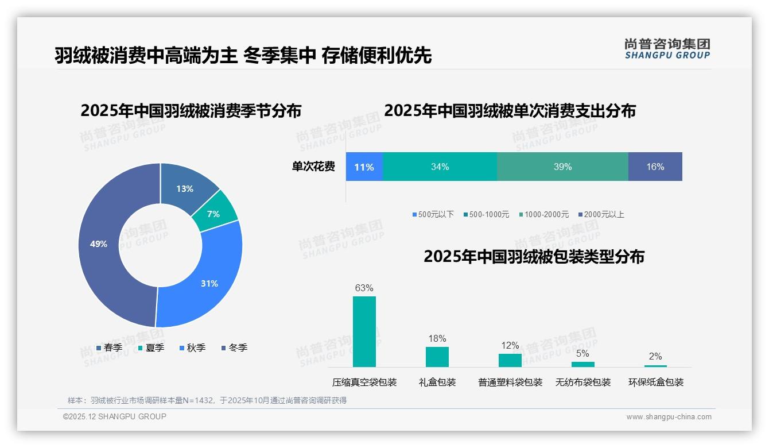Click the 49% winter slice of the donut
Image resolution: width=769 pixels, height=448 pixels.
coord(100,244)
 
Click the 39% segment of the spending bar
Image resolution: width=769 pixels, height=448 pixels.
coord(562,167)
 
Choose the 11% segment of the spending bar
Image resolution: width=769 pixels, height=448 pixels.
coord(364,167)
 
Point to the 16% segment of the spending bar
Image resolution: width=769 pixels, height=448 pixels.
coord(655,167)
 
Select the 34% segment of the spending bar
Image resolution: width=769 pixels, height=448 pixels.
coord(440,167)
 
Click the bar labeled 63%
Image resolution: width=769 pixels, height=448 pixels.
coord(364,331)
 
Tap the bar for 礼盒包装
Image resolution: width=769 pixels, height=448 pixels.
coord(437,357)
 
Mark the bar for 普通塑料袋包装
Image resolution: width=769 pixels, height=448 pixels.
coord(510,360)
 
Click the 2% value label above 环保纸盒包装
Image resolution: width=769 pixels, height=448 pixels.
coord(655,356)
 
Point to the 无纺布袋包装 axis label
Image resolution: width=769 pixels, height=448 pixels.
coord(582,382)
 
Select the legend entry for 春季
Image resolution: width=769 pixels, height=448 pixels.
coord(109,347)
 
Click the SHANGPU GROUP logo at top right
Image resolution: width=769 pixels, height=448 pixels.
coord(667,49)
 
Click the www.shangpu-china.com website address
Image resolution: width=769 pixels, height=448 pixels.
coord(669,416)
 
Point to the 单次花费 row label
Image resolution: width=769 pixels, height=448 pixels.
coord(313,167)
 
